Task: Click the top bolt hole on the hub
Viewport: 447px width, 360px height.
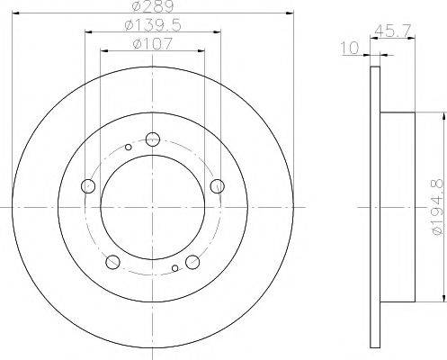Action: click(152, 139)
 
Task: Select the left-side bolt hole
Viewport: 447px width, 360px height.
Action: click(88, 186)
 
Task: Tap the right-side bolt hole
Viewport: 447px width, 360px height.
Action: click(216, 186)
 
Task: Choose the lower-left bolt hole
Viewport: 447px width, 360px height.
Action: click(112, 262)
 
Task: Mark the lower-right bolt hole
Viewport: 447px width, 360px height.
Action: click(192, 262)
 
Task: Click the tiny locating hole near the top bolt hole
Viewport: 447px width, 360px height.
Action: click(129, 147)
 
